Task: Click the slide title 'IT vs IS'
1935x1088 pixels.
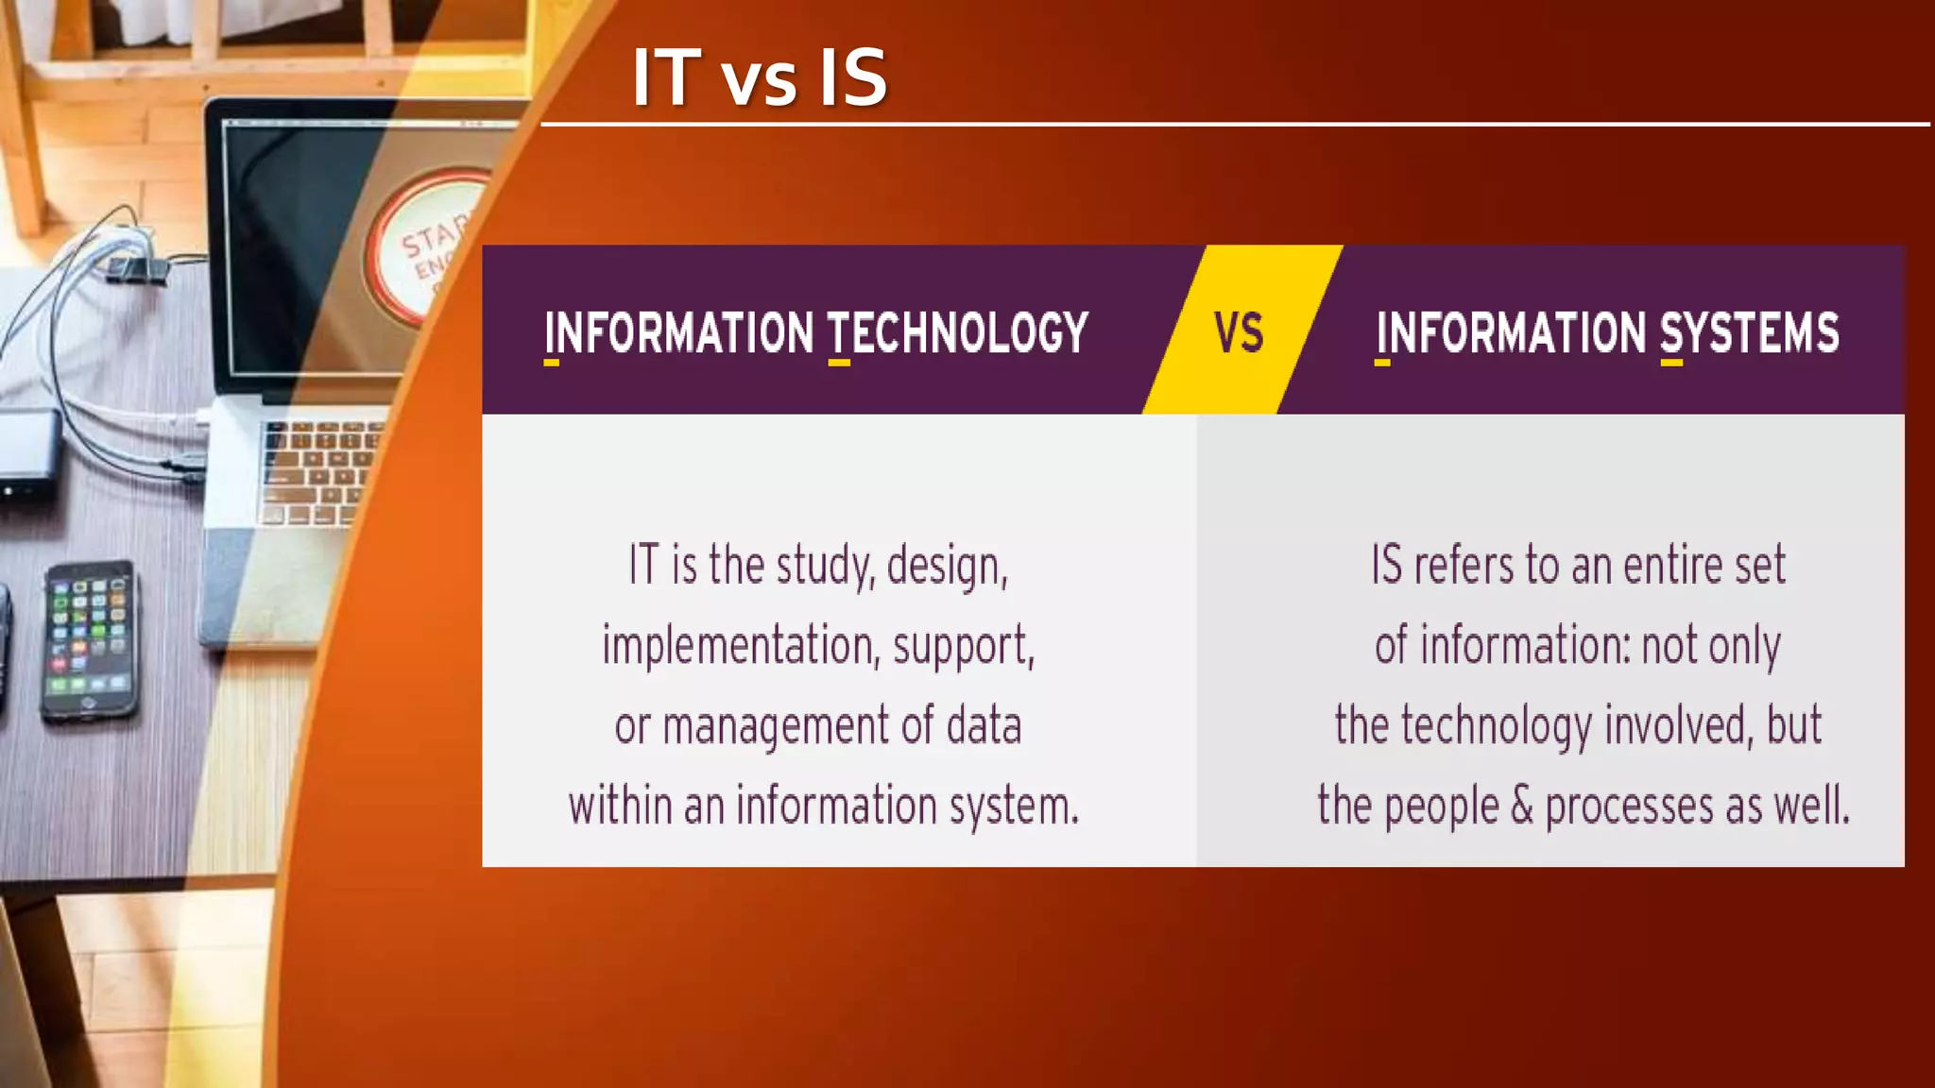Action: [x=760, y=77]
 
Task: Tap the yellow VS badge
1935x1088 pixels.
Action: [x=1240, y=331]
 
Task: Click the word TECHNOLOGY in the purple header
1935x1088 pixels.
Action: [x=958, y=332]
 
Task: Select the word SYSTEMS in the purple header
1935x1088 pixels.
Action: [x=1749, y=332]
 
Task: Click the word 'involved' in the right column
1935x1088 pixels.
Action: [x=1678, y=725]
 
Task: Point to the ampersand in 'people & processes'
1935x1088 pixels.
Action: [x=1521, y=806]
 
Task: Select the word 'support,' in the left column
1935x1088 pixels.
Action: [x=964, y=647]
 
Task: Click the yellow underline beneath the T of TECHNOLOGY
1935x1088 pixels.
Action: [x=839, y=362]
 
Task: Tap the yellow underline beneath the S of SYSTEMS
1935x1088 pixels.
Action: [x=1671, y=362]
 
